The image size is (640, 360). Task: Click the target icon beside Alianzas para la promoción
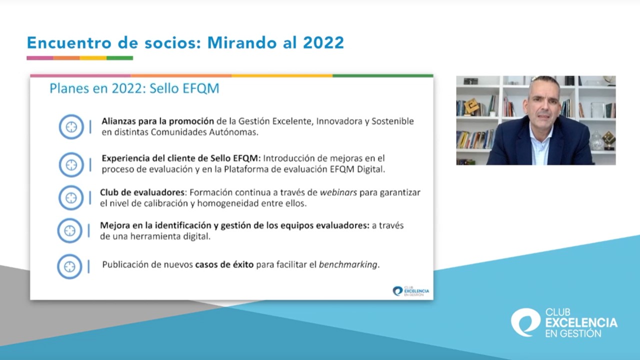click(x=71, y=127)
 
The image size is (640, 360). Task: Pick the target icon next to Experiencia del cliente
click(x=71, y=164)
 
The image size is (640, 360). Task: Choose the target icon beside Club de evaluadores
click(x=71, y=197)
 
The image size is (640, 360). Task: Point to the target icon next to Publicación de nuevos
click(x=69, y=266)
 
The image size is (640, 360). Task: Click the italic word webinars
click(x=338, y=192)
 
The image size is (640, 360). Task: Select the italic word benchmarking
click(x=348, y=265)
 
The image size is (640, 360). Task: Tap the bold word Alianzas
click(x=118, y=121)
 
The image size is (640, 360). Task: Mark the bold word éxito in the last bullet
click(x=243, y=264)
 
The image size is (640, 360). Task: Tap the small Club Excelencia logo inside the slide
click(x=410, y=291)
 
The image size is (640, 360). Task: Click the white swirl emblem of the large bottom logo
click(x=525, y=322)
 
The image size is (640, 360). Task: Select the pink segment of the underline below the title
click(x=40, y=58)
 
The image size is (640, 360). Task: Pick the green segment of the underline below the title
click(x=119, y=58)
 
